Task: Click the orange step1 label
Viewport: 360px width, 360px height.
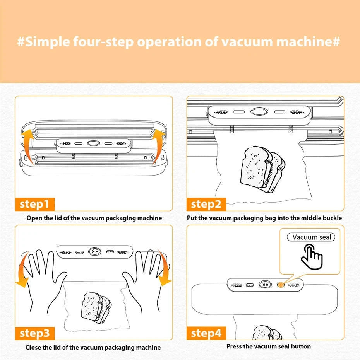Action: pos(35,204)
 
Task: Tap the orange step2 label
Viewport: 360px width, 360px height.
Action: pos(206,204)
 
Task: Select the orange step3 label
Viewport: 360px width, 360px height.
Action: pos(35,333)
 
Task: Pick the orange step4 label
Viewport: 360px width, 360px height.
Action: pos(206,333)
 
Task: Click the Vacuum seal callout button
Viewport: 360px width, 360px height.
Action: pos(311,237)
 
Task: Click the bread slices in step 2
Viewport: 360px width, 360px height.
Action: pos(262,169)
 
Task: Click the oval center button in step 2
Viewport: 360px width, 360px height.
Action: pos(259,112)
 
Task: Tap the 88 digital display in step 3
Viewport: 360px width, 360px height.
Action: pos(95,251)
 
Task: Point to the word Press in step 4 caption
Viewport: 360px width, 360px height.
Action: pos(235,346)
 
